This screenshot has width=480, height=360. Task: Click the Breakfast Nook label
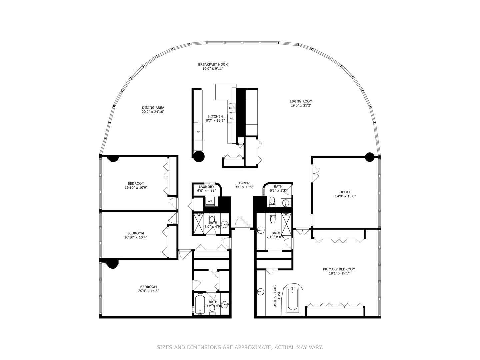point(213,65)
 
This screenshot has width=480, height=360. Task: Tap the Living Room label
point(301,101)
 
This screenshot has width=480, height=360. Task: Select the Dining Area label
point(153,108)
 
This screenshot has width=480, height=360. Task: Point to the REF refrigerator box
point(198,132)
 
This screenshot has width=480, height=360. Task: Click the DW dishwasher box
point(232,118)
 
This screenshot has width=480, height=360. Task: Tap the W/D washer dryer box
point(210,201)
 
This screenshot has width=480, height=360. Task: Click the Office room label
point(345,192)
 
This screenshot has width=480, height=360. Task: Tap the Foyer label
point(244,183)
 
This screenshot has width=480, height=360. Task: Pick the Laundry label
point(206,187)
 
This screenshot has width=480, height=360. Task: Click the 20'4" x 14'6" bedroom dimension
point(148,291)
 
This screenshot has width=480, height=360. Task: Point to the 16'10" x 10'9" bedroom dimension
point(136,188)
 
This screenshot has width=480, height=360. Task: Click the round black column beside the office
point(370,157)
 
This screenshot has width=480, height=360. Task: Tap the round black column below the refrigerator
point(199,156)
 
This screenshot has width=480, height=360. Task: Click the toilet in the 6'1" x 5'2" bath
point(272,201)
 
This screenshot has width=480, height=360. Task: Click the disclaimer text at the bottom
point(240,347)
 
